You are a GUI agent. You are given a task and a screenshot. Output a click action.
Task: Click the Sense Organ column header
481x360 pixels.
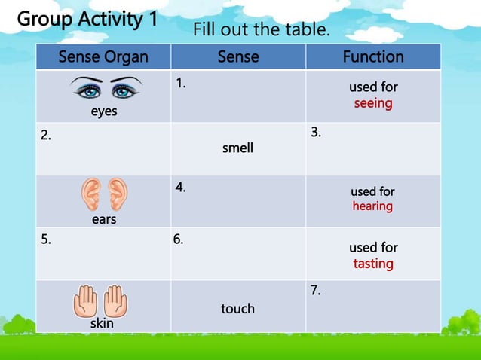click(103, 57)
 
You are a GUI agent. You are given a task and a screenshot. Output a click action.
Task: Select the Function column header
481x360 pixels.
click(373, 57)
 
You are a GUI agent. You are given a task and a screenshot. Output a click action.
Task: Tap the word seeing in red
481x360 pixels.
click(373, 103)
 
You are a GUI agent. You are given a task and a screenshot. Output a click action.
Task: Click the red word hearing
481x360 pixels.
click(372, 206)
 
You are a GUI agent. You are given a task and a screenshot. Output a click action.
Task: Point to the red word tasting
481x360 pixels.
click(373, 264)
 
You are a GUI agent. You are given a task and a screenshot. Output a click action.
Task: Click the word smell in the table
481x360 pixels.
click(237, 148)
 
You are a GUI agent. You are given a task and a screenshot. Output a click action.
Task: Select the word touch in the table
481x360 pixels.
click(237, 309)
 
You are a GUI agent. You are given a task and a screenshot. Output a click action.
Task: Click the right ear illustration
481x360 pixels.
click(117, 194)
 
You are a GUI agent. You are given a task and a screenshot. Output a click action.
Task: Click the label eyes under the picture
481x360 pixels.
click(104, 111)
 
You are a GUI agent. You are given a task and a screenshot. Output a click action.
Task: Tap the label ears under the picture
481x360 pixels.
click(103, 220)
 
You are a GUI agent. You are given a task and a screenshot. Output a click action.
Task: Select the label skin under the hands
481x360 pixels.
click(102, 324)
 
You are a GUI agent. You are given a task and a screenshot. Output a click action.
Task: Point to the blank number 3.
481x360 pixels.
click(317, 133)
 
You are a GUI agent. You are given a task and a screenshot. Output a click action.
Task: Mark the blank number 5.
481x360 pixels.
click(47, 240)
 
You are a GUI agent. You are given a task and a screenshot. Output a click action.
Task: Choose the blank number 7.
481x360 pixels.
click(317, 291)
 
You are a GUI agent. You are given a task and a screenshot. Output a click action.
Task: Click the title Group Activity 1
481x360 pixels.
click(87, 19)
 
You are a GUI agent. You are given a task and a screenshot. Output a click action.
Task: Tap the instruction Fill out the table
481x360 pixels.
click(262, 31)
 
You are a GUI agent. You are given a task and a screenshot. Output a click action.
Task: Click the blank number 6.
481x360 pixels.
click(179, 240)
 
